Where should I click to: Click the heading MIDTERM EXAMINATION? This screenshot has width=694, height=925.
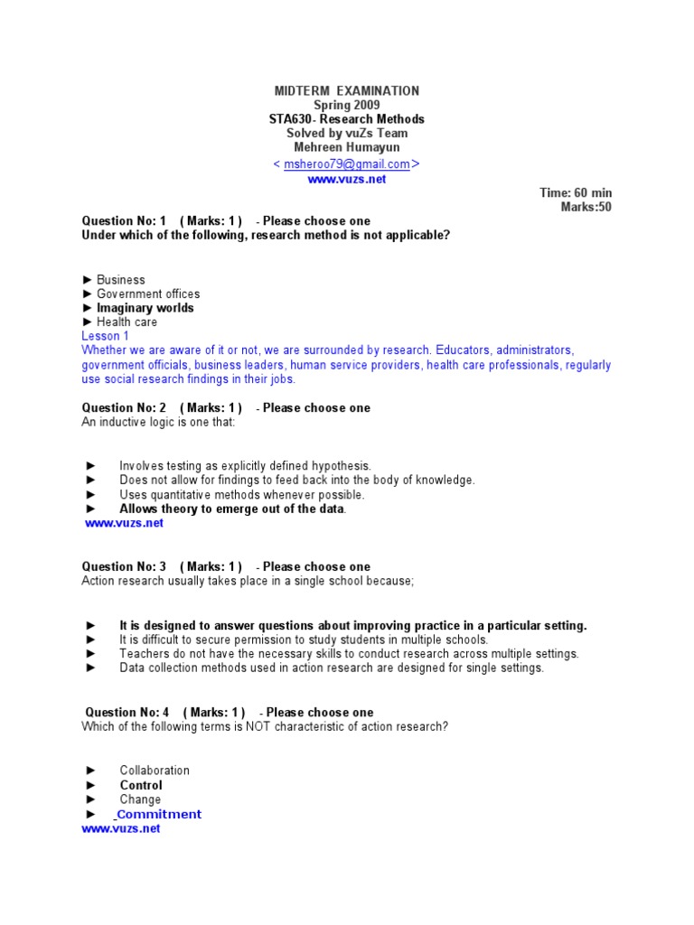point(347,90)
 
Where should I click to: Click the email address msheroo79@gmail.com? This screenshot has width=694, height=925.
point(346,164)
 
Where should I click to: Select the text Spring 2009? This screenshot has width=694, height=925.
point(347,105)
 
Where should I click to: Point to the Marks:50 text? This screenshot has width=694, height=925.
point(586,208)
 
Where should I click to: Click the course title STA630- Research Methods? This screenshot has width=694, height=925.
point(347,119)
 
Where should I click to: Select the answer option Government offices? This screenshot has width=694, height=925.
point(148,294)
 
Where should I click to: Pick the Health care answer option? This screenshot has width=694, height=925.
point(127,322)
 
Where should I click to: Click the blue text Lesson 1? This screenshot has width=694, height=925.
point(106,336)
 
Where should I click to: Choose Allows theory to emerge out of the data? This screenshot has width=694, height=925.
point(232,509)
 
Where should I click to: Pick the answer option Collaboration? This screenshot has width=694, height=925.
point(155,771)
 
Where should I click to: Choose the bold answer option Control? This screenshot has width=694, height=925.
point(141,785)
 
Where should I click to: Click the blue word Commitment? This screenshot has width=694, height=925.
point(159,814)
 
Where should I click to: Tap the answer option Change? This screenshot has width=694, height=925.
point(140,799)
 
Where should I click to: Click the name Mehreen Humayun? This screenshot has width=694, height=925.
point(347,148)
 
